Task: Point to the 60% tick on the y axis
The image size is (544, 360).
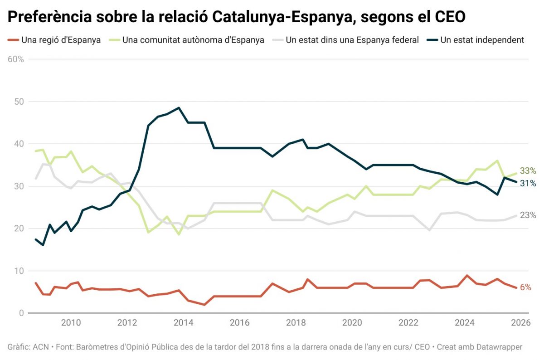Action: click(x=15, y=59)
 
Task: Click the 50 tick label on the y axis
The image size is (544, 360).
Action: click(x=19, y=102)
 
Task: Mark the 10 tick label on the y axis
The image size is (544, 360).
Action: click(x=19, y=271)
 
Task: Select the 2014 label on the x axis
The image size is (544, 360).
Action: click(x=184, y=323)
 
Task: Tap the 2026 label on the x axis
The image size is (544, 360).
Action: click(x=521, y=323)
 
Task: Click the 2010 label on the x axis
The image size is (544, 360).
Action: click(x=71, y=323)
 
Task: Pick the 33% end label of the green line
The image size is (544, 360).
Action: click(x=528, y=171)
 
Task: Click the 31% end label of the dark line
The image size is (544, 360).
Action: click(x=528, y=183)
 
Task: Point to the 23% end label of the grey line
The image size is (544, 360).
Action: click(x=528, y=215)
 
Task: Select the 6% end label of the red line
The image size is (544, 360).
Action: click(x=526, y=287)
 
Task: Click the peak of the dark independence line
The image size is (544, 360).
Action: click(x=179, y=108)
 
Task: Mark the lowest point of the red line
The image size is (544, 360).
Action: click(x=204, y=305)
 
